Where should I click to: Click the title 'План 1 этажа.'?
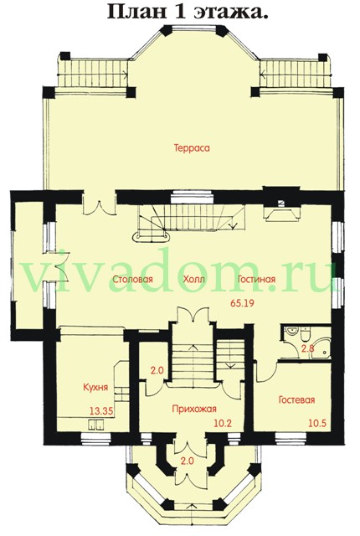pyautogui.click(x=187, y=13)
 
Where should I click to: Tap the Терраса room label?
pyautogui.click(x=192, y=148)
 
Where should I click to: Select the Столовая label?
pyautogui.click(x=132, y=279)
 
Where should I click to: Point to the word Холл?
pyautogui.click(x=193, y=279)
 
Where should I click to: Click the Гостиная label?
pyautogui.click(x=256, y=279)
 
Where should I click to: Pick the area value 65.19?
pyautogui.click(x=242, y=303)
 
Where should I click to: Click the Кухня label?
pyautogui.click(x=95, y=387)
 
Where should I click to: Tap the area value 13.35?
pyautogui.click(x=101, y=411)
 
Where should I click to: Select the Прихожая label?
pyautogui.click(x=194, y=409)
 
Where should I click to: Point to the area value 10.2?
pyautogui.click(x=223, y=423)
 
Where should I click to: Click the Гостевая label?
pyautogui.click(x=296, y=399)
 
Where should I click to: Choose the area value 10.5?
pyautogui.click(x=317, y=423)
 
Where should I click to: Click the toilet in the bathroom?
pyautogui.click(x=305, y=334)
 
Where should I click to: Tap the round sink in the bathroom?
pyautogui.click(x=291, y=332)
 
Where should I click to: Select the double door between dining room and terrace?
pyautogui.click(x=99, y=208)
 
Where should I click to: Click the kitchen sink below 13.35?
pyautogui.click(x=96, y=424)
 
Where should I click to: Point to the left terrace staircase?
pyautogui.click(x=91, y=74)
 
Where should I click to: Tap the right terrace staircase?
pyautogui.click(x=295, y=74)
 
